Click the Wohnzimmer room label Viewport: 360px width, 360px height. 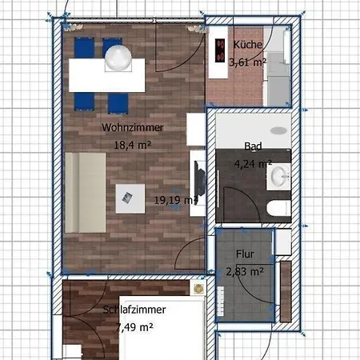132,127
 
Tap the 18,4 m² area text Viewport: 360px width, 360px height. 133,145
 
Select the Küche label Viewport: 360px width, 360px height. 248,45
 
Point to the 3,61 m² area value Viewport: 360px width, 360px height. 248,62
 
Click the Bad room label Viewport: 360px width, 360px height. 253,146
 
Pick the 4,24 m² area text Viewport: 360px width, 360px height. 253,164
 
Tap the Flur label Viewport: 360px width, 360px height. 245,254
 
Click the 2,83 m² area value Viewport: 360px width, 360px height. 245,272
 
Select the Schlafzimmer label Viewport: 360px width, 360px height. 134,310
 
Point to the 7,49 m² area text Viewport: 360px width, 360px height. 134,327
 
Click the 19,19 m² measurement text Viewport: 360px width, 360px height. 176,200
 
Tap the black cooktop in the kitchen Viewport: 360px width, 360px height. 220,50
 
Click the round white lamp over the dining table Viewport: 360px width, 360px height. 118,58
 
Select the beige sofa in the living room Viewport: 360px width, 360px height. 86,193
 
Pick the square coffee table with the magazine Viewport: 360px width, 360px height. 130,198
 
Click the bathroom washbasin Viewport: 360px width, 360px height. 278,177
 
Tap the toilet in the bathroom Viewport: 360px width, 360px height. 278,208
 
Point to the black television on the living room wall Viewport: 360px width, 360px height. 199,178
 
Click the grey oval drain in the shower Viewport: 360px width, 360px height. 279,130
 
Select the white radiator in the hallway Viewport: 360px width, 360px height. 221,301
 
